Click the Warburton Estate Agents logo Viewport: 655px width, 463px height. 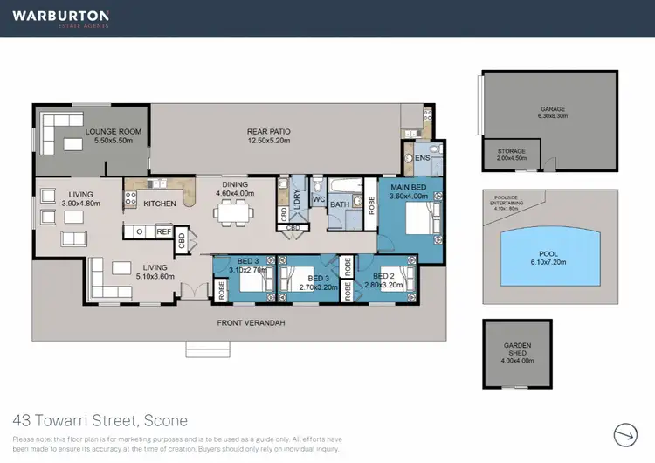coord(60,17)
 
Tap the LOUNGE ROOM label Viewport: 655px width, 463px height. coord(113,133)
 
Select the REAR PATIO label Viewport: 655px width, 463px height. coord(269,132)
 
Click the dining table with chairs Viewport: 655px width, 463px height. coord(233,211)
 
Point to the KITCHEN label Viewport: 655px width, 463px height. coord(160,204)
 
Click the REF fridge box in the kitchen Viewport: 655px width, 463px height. coord(163,231)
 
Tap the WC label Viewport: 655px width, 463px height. coord(318,198)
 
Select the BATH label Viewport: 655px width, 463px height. coord(339,204)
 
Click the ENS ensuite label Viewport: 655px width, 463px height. coord(423,158)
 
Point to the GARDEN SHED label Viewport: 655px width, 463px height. coord(517,345)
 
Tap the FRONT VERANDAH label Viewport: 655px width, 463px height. coord(251,323)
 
